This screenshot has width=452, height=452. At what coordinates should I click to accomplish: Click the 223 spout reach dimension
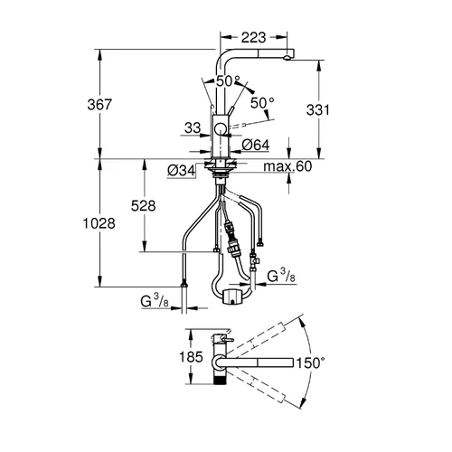[x=253, y=38]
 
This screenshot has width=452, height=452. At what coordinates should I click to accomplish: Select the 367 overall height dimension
[x=99, y=105]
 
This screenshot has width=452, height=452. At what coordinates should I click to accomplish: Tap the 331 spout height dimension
[x=318, y=110]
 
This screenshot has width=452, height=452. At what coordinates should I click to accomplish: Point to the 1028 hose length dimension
[x=99, y=223]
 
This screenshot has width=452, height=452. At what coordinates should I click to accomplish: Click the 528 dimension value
[x=144, y=206]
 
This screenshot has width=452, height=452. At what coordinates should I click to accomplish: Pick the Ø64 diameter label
[x=256, y=145]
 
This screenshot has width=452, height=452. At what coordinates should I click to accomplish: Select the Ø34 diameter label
[x=182, y=171]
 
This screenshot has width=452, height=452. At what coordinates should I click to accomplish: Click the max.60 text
[x=287, y=166]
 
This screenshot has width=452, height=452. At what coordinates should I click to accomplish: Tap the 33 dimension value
[x=193, y=127]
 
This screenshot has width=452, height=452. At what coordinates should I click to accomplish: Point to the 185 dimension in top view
[x=191, y=357]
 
